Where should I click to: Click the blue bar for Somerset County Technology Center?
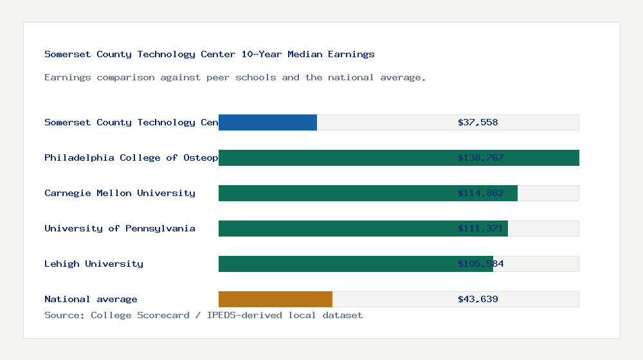[267, 122]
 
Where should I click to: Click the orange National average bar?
[275, 299]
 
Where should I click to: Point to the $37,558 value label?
[478, 122]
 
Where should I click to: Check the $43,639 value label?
[478, 299]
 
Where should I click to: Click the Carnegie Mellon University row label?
[120, 193]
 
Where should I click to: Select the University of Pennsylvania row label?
[120, 228]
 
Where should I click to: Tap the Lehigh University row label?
[94, 264]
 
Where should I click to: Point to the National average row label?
[91, 299]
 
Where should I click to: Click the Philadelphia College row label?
[131, 157]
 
